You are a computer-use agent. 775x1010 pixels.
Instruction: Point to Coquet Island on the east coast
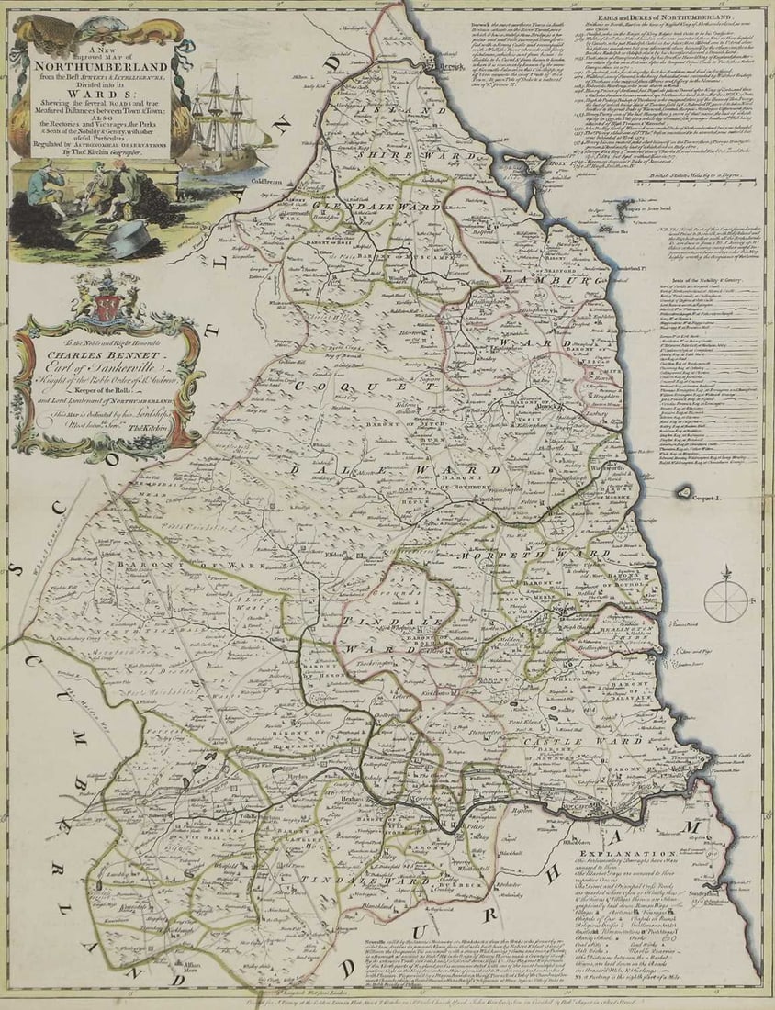(x=684, y=493)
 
